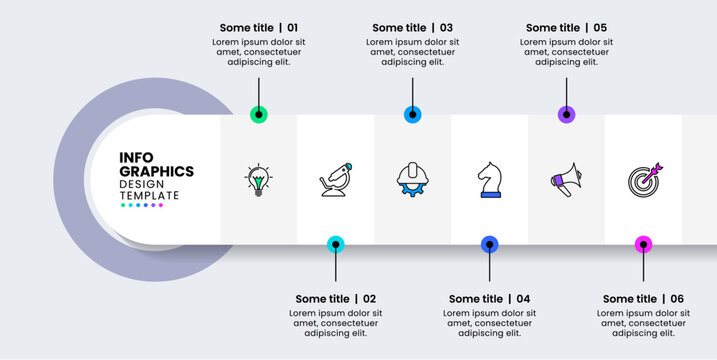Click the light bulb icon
pyautogui.click(x=259, y=179)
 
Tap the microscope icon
pyautogui.click(x=335, y=180)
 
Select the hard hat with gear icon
pyautogui.click(x=412, y=179)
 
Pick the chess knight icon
pyautogui.click(x=489, y=180)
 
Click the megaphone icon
pyautogui.click(x=566, y=180)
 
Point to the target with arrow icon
pyautogui.click(x=643, y=180)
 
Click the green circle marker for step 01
pyautogui.click(x=259, y=115)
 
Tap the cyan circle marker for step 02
pyautogui.click(x=336, y=243)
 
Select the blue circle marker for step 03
pyautogui.click(x=412, y=115)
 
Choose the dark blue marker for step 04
pyautogui.click(x=489, y=243)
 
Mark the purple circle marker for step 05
pyautogui.click(x=566, y=115)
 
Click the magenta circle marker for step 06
pyautogui.click(x=643, y=243)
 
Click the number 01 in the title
pyautogui.click(x=292, y=28)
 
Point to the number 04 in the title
pyautogui.click(x=522, y=299)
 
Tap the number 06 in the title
pyautogui.click(x=677, y=299)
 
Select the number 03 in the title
pyautogui.click(x=446, y=28)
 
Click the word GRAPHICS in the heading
pyautogui.click(x=157, y=171)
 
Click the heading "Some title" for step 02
pyautogui.click(x=322, y=299)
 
